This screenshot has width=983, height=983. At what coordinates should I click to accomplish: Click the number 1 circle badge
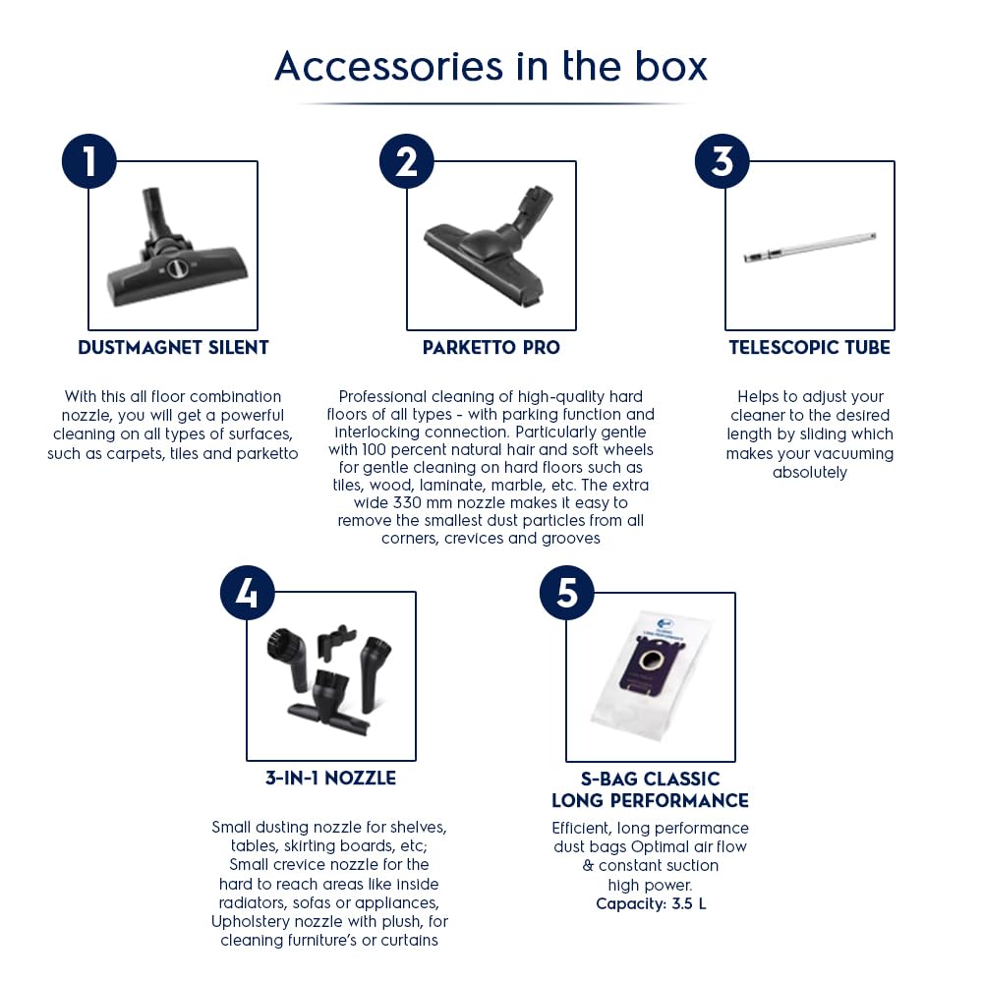(x=89, y=161)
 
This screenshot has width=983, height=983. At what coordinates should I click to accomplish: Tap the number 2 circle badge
(x=407, y=161)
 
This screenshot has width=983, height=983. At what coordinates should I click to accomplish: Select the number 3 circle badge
(x=723, y=161)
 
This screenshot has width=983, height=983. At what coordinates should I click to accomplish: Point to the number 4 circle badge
(x=248, y=593)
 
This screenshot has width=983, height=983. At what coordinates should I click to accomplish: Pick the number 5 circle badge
(x=567, y=593)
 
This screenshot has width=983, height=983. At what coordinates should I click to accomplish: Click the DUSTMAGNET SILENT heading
(x=173, y=347)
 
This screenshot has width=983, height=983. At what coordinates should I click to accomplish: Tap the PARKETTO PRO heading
(x=491, y=347)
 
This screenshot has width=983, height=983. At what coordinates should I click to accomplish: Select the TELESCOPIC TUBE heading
(x=809, y=347)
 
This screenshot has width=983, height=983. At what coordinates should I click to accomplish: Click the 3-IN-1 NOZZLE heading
(x=330, y=778)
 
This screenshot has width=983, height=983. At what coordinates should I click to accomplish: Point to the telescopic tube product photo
(x=810, y=247)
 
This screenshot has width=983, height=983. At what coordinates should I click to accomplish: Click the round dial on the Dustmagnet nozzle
(x=177, y=268)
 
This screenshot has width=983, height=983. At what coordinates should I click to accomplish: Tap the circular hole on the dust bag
(x=653, y=661)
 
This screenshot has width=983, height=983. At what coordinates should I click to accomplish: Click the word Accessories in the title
(x=388, y=67)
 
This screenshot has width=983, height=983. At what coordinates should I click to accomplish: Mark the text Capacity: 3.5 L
(x=651, y=904)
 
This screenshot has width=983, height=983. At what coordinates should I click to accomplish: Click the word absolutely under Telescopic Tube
(x=809, y=472)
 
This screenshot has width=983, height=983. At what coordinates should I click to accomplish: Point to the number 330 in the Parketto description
(x=407, y=502)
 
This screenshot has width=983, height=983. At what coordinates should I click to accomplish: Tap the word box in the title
(x=671, y=67)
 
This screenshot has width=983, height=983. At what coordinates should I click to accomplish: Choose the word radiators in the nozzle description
(x=254, y=902)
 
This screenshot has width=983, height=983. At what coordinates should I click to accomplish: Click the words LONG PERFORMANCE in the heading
(x=650, y=800)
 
